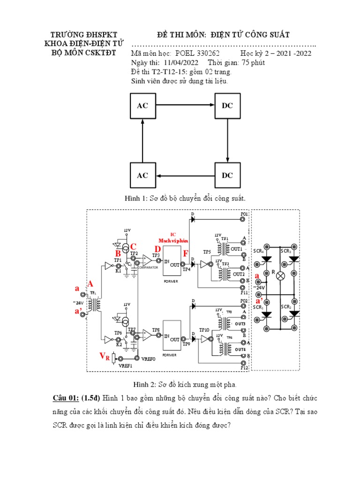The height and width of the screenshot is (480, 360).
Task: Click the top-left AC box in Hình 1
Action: tap(142, 105)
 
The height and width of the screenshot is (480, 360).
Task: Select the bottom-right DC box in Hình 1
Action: tap(227, 175)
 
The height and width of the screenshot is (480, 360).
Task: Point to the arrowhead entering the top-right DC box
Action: tap(212, 105)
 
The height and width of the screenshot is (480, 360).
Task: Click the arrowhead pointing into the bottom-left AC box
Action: tap(157, 176)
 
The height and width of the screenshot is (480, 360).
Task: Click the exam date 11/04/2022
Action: tap(180, 63)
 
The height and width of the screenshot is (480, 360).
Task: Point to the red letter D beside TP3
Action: tap(158, 249)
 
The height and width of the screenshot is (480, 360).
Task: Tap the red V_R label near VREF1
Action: tap(105, 357)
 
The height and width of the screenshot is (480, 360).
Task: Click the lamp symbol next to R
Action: tap(280, 276)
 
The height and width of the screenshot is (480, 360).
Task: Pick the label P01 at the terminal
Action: tap(244, 213)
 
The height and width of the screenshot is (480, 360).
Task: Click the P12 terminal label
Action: tap(244, 368)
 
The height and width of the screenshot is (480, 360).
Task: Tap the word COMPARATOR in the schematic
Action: tap(148, 267)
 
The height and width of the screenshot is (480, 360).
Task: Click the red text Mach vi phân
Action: tap(172, 240)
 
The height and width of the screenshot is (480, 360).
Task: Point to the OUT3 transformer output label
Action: tap(240, 324)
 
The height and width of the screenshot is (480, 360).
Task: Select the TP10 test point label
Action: tap(205, 330)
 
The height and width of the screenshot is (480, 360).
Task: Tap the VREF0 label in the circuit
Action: tap(148, 359)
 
